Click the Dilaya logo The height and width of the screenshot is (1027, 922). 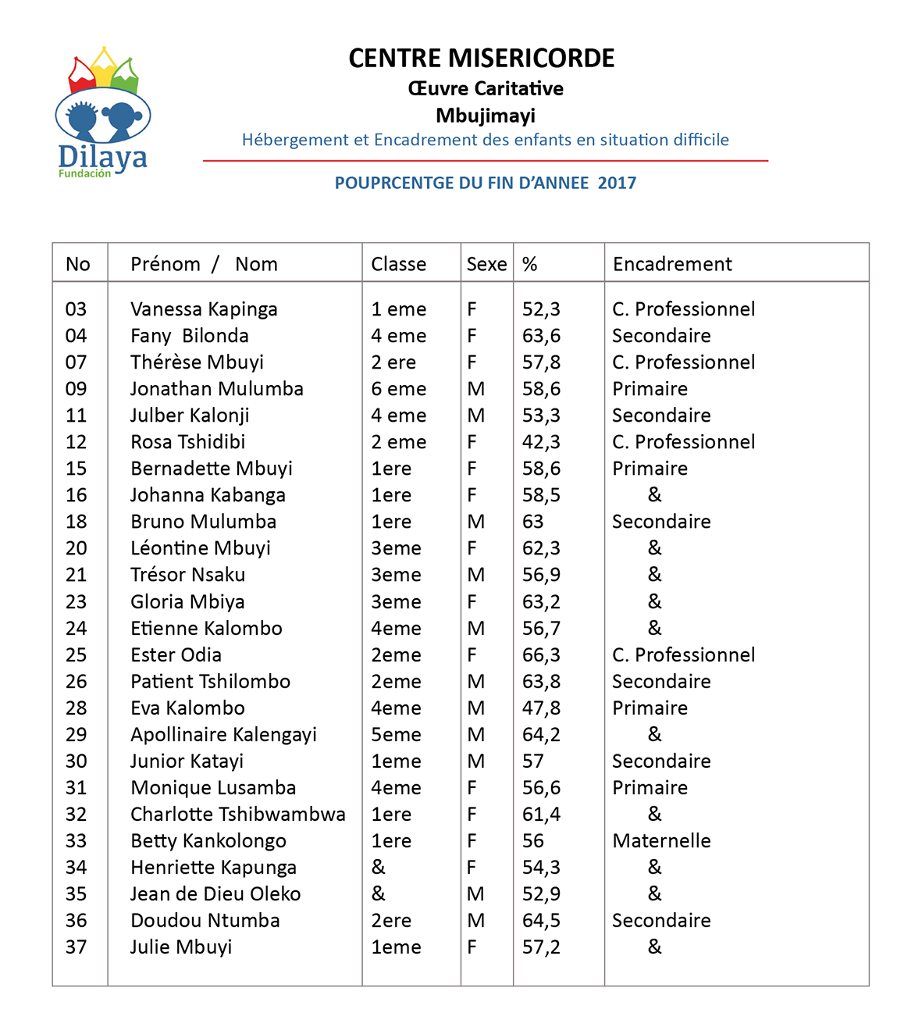point(103,113)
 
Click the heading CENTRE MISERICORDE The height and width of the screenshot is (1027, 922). point(481,59)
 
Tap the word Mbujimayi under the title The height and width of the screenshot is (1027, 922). point(485,116)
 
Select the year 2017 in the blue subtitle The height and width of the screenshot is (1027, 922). point(617,183)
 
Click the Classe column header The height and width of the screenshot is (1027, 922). point(398,264)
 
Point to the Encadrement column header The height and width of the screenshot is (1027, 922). point(672,264)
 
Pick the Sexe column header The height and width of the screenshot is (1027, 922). point(486,264)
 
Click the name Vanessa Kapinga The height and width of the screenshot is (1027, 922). point(204,309)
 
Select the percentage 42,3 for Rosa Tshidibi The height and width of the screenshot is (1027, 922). point(541,442)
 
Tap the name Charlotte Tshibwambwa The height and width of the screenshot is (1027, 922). point(237,815)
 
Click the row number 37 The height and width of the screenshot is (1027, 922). point(77,947)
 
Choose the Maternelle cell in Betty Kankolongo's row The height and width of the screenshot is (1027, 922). point(661,841)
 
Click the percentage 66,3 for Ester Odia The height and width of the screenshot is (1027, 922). point(541,655)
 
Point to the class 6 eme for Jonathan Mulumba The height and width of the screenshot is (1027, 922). point(398,389)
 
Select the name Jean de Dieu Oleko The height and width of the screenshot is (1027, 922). point(215,894)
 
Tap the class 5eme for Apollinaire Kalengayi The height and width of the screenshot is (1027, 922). point(396,735)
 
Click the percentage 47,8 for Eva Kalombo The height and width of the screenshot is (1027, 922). point(541,708)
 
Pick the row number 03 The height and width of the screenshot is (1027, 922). point(77,309)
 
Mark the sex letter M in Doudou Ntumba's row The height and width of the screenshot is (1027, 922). point(475,921)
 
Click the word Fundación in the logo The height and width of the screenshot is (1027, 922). point(84,173)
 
